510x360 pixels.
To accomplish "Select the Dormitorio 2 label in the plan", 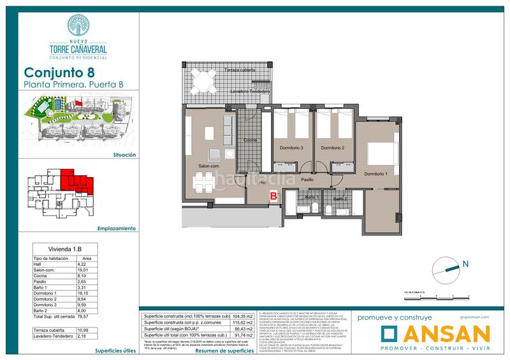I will [x=333, y=148].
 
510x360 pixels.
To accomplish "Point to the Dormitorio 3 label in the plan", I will [x=292, y=148].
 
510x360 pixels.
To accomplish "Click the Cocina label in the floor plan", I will [x=250, y=139].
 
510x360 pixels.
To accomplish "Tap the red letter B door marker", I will [x=273, y=196].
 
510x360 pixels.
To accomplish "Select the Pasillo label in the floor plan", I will [x=310, y=181].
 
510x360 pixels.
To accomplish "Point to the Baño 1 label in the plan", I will [x=293, y=199].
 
